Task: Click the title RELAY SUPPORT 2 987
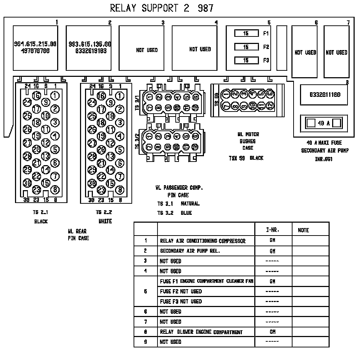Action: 162,8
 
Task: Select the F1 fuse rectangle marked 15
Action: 246,34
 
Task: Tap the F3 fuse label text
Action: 266,60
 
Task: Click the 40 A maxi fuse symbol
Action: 324,123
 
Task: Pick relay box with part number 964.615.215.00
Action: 35,48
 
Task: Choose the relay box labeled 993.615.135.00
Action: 90,48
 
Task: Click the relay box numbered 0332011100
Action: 324,95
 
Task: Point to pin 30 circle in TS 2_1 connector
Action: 27,183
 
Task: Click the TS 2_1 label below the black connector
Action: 40,212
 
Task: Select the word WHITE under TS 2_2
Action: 105,221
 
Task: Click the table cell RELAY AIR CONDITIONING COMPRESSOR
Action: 202,241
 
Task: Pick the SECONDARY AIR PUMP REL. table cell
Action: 190,251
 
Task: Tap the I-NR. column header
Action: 273,230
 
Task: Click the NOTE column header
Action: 303,230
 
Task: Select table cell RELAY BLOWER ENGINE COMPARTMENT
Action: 201,332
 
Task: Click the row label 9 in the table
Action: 145,342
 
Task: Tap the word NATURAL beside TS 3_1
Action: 190,204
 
